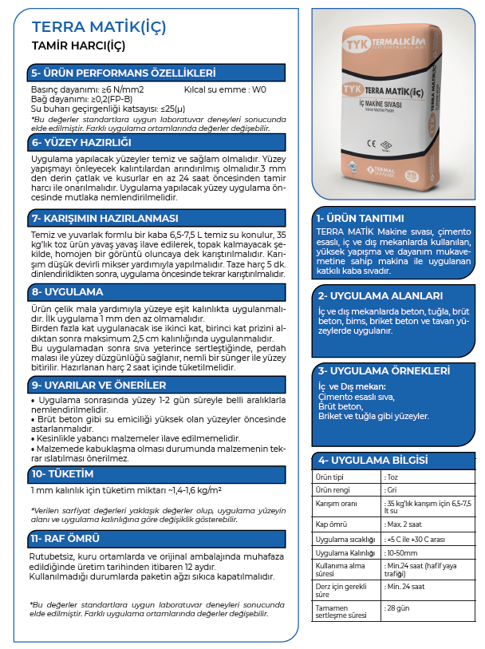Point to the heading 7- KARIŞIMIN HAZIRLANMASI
(x=104, y=218)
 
